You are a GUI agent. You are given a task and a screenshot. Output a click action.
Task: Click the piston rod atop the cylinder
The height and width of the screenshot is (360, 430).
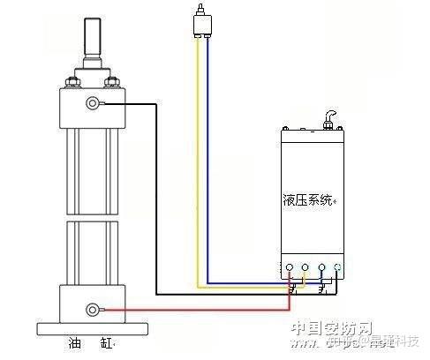pyautogui.click(x=92, y=34)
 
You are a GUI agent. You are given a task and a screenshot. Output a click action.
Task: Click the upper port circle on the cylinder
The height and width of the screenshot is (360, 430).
pyautogui.click(x=93, y=104)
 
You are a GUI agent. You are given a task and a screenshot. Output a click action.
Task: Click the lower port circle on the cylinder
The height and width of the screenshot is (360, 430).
pyautogui.click(x=93, y=309)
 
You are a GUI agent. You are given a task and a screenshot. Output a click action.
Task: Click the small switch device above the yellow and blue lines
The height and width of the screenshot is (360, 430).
pyautogui.click(x=202, y=21)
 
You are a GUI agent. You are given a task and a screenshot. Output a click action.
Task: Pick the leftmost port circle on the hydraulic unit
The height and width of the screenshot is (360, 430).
pyautogui.click(x=289, y=266)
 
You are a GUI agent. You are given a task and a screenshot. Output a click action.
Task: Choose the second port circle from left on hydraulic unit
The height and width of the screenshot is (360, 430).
pyautogui.click(x=305, y=266)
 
